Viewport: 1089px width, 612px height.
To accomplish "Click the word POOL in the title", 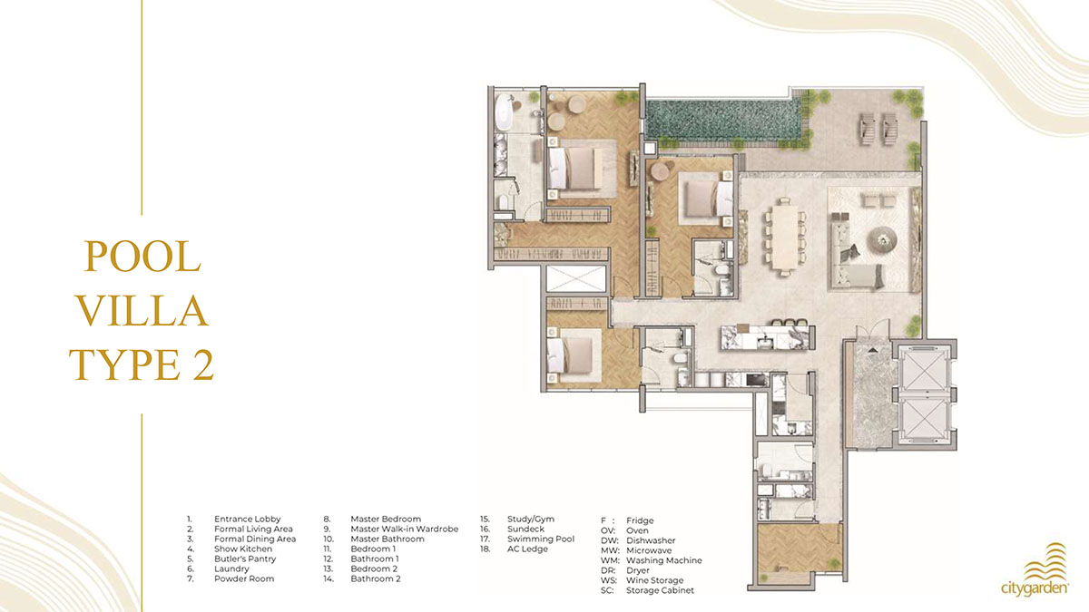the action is coord(142,257).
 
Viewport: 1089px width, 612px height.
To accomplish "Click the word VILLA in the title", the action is coord(143,310).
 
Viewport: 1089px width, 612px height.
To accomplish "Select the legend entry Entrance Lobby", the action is coord(248,519).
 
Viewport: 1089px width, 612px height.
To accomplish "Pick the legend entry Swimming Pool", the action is coord(541,539).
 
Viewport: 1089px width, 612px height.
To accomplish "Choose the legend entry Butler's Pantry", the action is coord(245,559).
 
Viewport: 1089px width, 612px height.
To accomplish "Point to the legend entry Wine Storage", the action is coord(654,580).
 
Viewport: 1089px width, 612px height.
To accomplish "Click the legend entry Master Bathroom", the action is coord(388,539).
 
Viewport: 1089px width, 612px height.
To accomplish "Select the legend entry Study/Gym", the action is coord(530,519).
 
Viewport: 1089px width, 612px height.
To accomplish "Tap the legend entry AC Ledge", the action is coord(527,549).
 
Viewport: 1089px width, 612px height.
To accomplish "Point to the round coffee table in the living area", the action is coord(883,238).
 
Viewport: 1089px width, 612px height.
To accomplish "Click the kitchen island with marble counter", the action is coord(765,337).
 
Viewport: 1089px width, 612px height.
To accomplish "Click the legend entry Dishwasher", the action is coord(651,540).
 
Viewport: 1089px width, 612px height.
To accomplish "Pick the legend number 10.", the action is coord(329,539).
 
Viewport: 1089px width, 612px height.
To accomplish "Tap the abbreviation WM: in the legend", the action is coord(610,560).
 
